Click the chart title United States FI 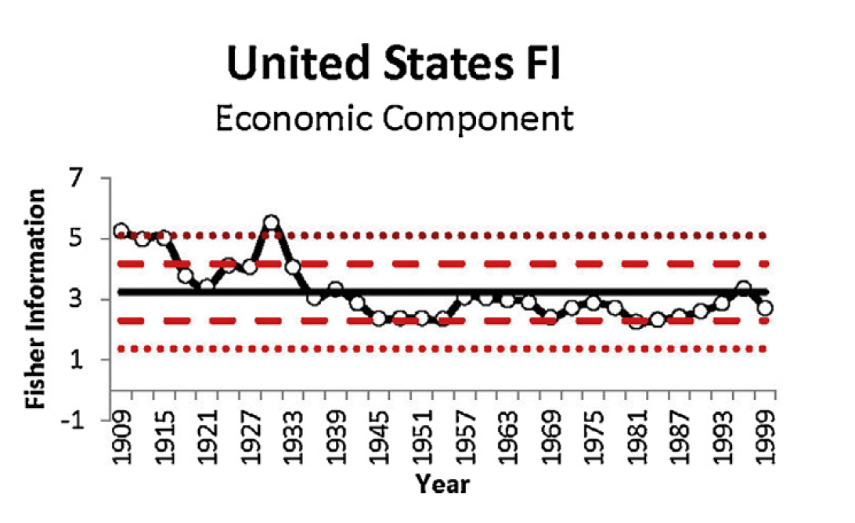[394, 63]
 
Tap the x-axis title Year [442, 484]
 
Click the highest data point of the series [271, 222]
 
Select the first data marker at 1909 [121, 231]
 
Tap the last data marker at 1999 [765, 308]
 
